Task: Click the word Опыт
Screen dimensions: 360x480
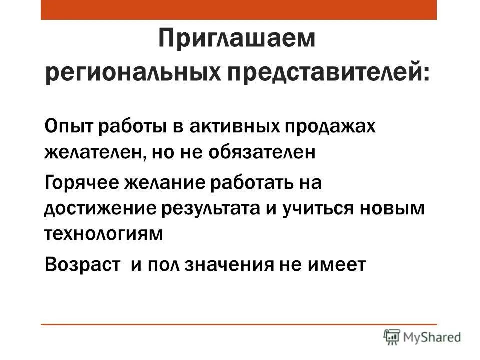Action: click(x=68, y=126)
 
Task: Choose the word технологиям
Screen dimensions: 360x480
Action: click(x=104, y=234)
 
